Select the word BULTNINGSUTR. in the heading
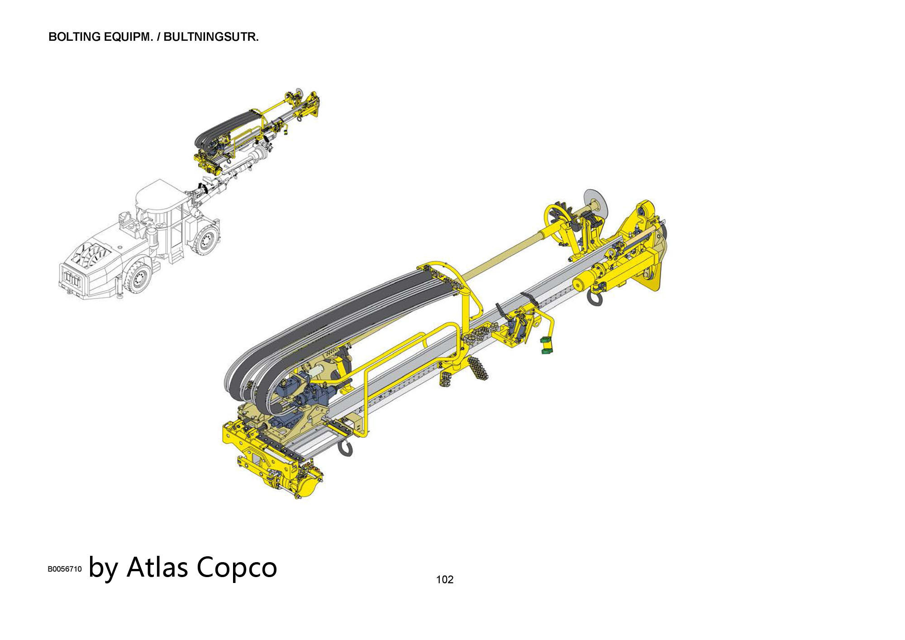(211, 37)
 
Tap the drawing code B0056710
(65, 569)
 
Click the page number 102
(444, 579)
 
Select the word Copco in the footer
(237, 568)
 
